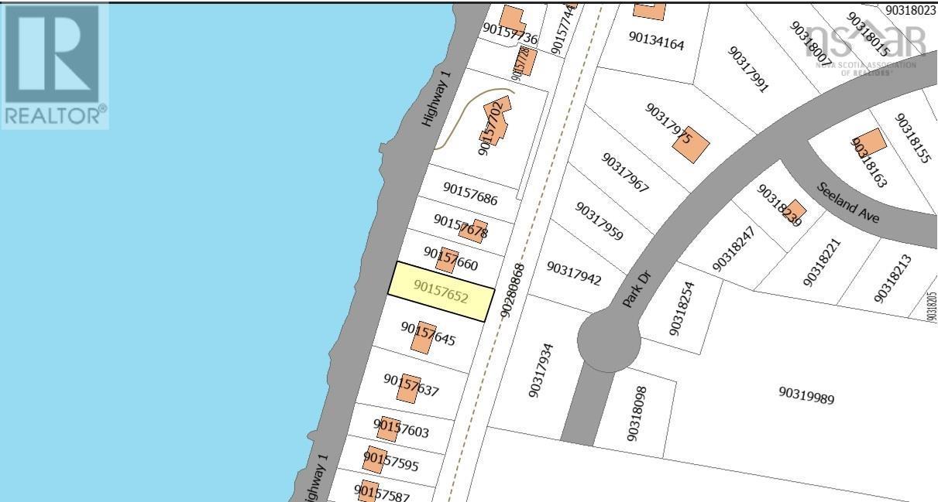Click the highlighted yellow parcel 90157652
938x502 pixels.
coord(441,292)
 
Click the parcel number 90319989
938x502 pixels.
coord(806,395)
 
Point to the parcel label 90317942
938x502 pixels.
coord(574,273)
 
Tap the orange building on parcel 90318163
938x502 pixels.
coord(869,145)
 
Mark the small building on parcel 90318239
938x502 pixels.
coord(795,210)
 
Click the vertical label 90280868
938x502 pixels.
coord(513,291)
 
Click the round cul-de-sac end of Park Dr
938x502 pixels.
coord(608,339)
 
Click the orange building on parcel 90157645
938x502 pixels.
coord(422,337)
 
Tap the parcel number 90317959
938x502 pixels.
coord(599,221)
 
